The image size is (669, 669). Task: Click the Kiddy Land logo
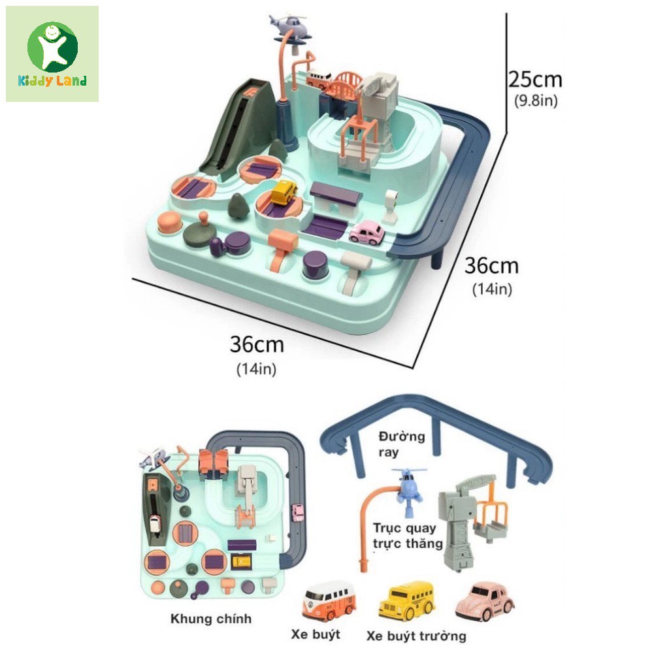[x=52, y=54]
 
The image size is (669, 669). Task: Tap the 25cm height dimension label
[x=535, y=80]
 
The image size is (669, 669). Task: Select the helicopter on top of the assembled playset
[x=290, y=26]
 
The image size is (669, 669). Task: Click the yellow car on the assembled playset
[x=284, y=193]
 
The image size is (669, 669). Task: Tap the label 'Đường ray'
[x=400, y=443]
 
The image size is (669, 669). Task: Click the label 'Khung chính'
[x=210, y=619]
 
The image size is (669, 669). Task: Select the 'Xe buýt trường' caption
[x=416, y=635]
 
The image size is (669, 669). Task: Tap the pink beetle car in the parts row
[x=485, y=598]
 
